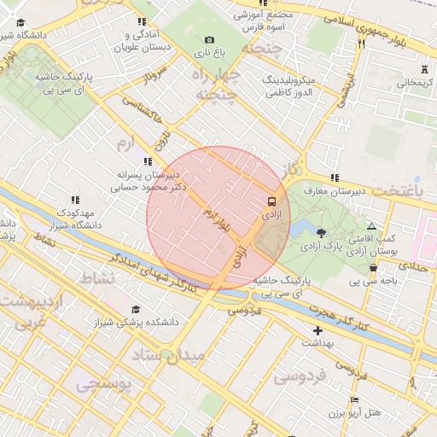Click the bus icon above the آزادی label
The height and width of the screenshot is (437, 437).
(271, 202)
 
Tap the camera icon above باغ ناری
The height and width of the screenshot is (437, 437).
(210, 39)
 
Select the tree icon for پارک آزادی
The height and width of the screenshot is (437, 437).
(321, 232)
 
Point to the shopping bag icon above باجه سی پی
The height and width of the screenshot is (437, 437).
(373, 267)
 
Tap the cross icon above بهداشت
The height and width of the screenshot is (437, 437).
(318, 329)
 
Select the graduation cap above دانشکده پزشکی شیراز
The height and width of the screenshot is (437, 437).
(135, 309)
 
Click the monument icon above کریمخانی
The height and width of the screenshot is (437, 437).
(424, 69)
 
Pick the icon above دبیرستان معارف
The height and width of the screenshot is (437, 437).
(335, 178)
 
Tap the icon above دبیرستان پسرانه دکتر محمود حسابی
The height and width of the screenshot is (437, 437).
(148, 160)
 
